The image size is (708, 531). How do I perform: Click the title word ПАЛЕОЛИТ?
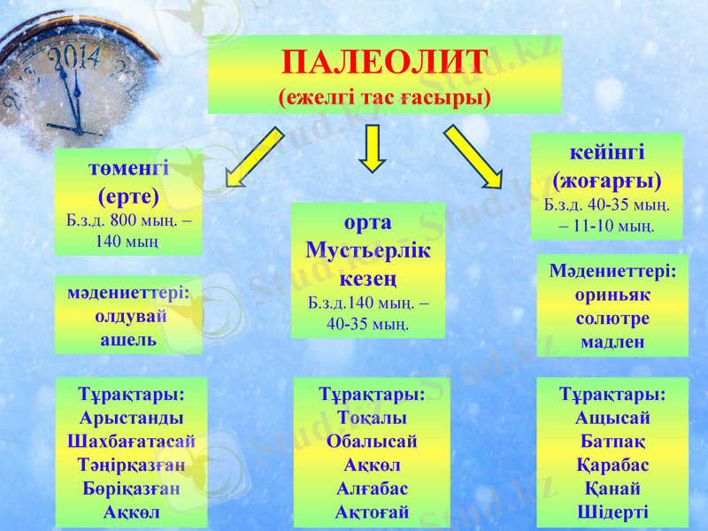pyautogui.click(x=384, y=63)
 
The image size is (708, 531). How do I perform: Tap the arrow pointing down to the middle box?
pyautogui.click(x=373, y=148)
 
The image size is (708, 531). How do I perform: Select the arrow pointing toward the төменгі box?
pyautogui.click(x=255, y=158)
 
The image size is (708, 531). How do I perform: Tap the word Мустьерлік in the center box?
pyautogui.click(x=368, y=250)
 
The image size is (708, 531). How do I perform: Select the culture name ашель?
pyautogui.click(x=129, y=339)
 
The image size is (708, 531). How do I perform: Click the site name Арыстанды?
pyautogui.click(x=132, y=417)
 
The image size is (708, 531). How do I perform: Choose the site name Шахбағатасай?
pyautogui.click(x=132, y=440)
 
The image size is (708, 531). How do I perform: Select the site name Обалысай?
pyautogui.click(x=372, y=441)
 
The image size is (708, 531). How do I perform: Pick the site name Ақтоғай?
pyautogui.click(x=372, y=511)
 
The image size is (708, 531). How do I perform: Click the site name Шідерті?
pyautogui.click(x=612, y=511)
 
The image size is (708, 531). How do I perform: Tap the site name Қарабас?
pyautogui.click(x=612, y=465)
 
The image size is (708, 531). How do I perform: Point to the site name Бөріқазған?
pyautogui.click(x=132, y=487)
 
